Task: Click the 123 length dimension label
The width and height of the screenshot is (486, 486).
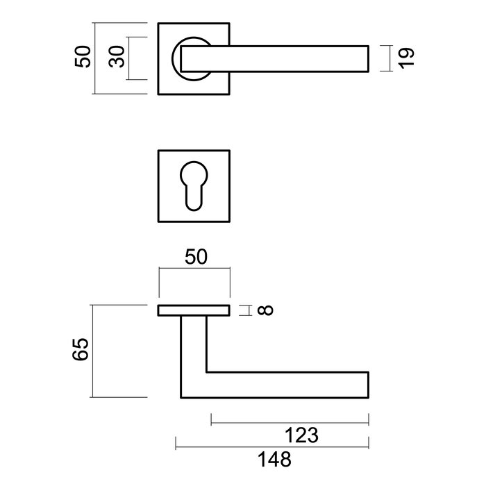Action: click(302, 436)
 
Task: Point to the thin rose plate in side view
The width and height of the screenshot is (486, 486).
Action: click(194, 310)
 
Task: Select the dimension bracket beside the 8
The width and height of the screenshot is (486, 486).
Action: click(244, 310)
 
